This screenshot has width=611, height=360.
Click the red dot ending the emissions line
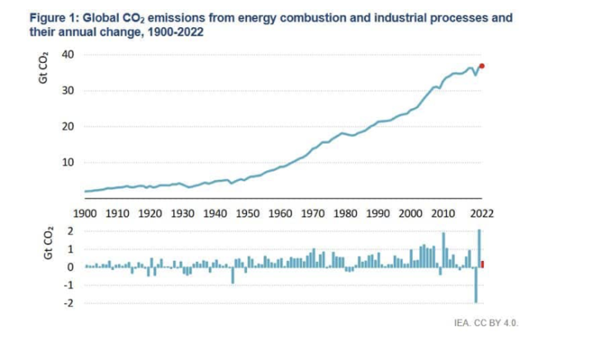point(481,66)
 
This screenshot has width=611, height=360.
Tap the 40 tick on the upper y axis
point(69,54)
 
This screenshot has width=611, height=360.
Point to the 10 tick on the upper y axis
point(69,162)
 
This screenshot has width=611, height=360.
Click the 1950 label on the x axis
point(248,213)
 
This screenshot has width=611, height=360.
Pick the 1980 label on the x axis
point(345,213)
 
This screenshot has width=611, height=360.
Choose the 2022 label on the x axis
point(482,213)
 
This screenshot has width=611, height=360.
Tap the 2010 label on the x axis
point(443,213)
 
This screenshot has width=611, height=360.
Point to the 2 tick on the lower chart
point(71,231)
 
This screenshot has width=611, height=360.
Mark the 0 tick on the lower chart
point(71,268)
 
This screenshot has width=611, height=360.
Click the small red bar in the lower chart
point(482,264)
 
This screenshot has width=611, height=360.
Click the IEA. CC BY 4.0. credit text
point(485,323)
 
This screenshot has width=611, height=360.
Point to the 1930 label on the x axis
point(182,213)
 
